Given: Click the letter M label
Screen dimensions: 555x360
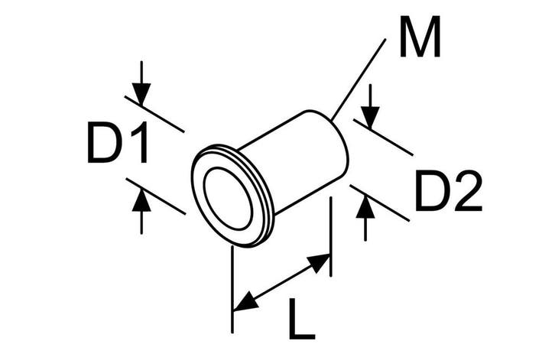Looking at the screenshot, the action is click(420, 37).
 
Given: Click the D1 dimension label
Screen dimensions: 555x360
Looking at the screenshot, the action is click(118, 142).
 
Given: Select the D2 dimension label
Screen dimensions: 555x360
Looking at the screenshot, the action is click(449, 191).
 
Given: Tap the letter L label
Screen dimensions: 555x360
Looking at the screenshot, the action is click(301, 319).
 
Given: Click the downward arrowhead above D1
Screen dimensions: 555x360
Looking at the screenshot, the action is click(141, 94).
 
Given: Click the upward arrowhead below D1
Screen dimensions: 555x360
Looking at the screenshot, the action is click(141, 201).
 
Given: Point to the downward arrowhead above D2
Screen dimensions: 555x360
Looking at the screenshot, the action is click(370, 118).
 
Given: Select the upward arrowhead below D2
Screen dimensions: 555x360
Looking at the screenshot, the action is click(365, 207).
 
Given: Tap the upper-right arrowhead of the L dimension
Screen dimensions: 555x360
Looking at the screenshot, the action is click(319, 263).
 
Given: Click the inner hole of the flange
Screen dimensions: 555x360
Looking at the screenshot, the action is click(229, 198).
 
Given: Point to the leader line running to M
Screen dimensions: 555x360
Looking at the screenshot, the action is click(359, 79).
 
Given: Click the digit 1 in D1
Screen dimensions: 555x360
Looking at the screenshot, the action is click(140, 142).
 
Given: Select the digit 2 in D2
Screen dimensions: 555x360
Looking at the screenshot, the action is click(469, 191).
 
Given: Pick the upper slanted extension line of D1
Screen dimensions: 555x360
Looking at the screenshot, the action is click(154, 114).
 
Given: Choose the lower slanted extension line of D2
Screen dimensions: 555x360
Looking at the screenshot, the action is click(379, 203).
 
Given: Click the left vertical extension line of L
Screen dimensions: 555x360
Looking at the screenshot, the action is click(232, 290).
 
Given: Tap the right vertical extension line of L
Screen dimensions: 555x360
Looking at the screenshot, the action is click(330, 236).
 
